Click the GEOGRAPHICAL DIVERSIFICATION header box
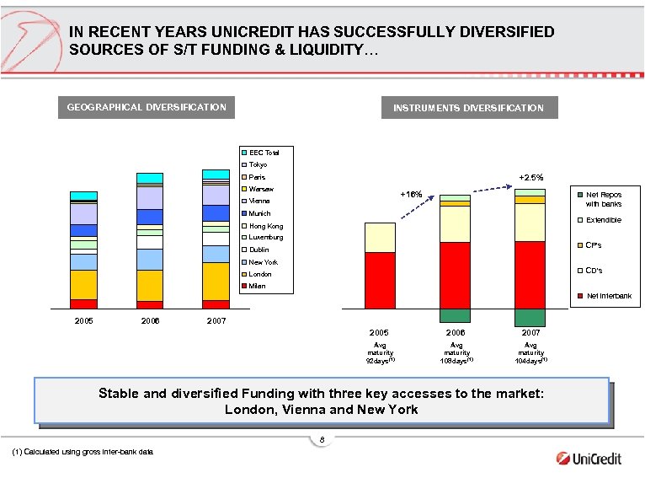(x=147, y=107)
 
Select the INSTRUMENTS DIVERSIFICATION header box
(x=468, y=108)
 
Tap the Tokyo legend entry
(x=257, y=164)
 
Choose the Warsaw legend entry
(x=260, y=189)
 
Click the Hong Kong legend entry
(x=264, y=226)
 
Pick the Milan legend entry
(x=256, y=286)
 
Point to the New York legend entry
(x=262, y=262)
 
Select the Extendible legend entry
(x=602, y=220)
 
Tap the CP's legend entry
(x=593, y=245)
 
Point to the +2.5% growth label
(x=530, y=178)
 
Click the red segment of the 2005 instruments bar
(x=380, y=280)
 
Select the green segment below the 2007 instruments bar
(x=530, y=318)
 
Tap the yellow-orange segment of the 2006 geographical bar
(x=149, y=285)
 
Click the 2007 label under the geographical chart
(x=216, y=321)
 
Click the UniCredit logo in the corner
(x=589, y=459)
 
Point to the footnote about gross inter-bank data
(x=83, y=453)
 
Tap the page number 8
(x=322, y=440)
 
